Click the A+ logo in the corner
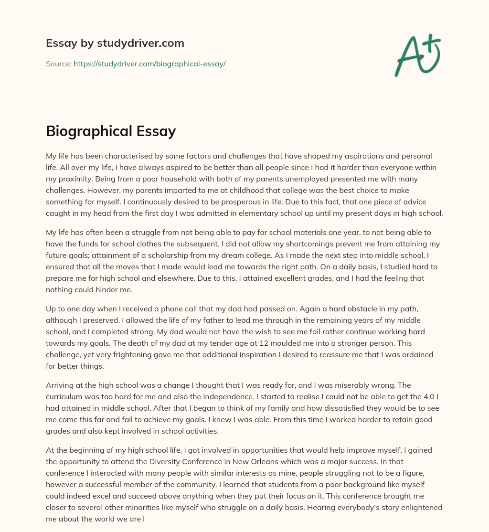(x=417, y=55)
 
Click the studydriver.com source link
(x=149, y=64)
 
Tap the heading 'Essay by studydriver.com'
(x=115, y=43)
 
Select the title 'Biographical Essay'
(x=111, y=131)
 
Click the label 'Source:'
(x=58, y=64)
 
